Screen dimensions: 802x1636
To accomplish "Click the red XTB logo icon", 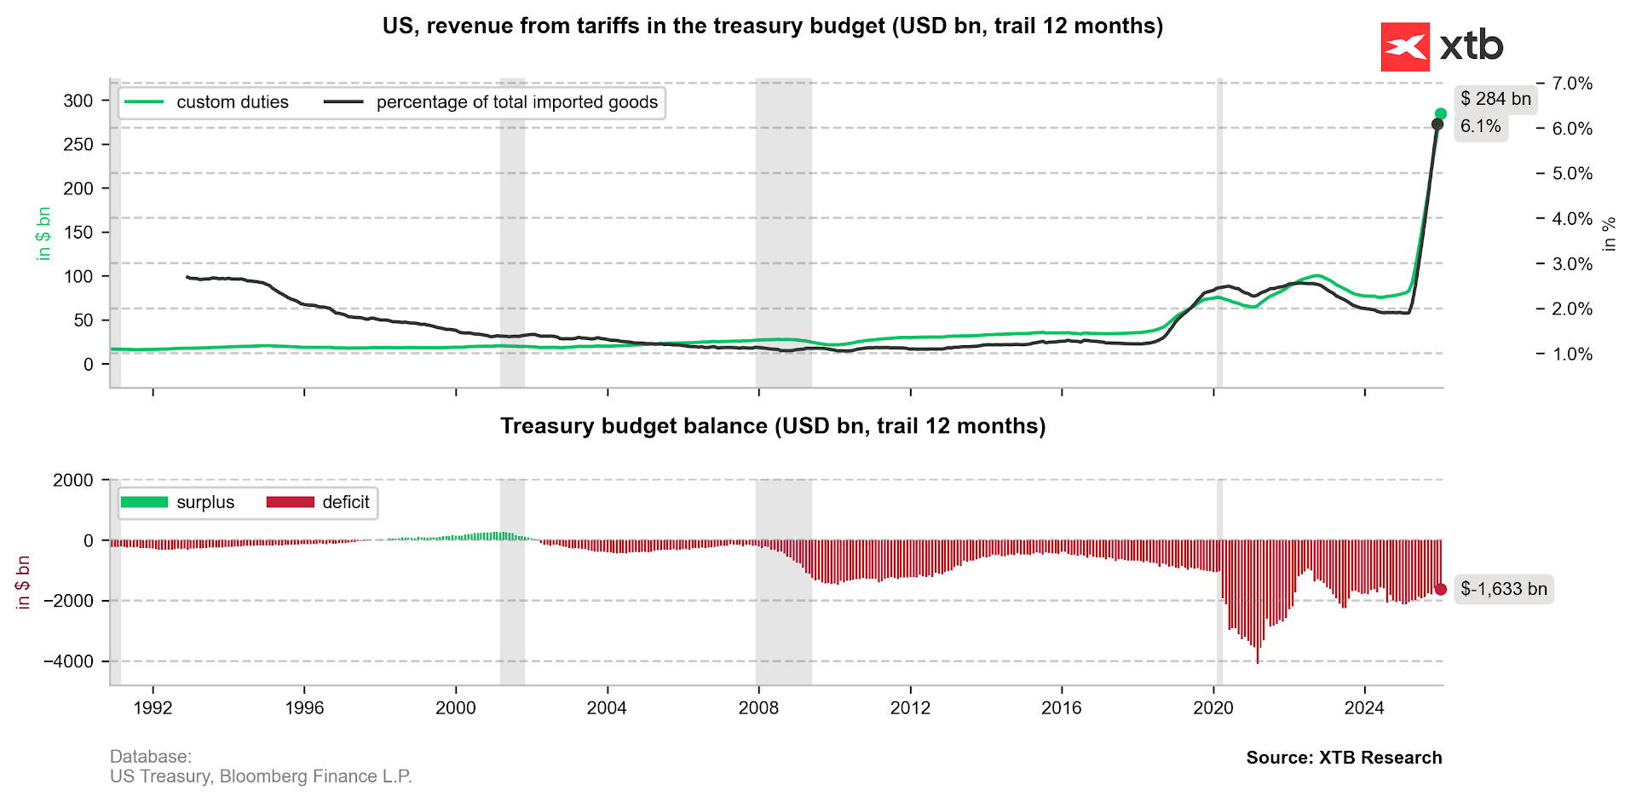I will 1404,47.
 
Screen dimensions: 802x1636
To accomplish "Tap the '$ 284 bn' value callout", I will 1495,99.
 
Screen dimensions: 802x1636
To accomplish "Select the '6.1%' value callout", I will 1481,127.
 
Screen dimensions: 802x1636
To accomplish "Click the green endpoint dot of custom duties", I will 1441,114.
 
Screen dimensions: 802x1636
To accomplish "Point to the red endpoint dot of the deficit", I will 1441,589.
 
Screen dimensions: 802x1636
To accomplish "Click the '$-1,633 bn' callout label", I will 1503,589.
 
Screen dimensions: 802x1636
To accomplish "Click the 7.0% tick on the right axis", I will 1572,84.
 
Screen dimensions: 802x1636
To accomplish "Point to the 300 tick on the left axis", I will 78,101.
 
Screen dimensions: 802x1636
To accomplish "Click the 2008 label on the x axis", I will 758,707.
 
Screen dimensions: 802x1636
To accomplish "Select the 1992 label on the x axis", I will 153,707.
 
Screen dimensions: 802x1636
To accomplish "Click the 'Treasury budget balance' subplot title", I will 772,426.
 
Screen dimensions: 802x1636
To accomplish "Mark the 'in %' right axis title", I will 1609,234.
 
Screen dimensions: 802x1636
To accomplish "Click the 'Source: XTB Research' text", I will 1344,758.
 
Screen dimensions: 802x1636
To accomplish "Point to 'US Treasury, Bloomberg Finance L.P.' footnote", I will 261,776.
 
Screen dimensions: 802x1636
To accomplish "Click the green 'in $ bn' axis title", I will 44,234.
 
